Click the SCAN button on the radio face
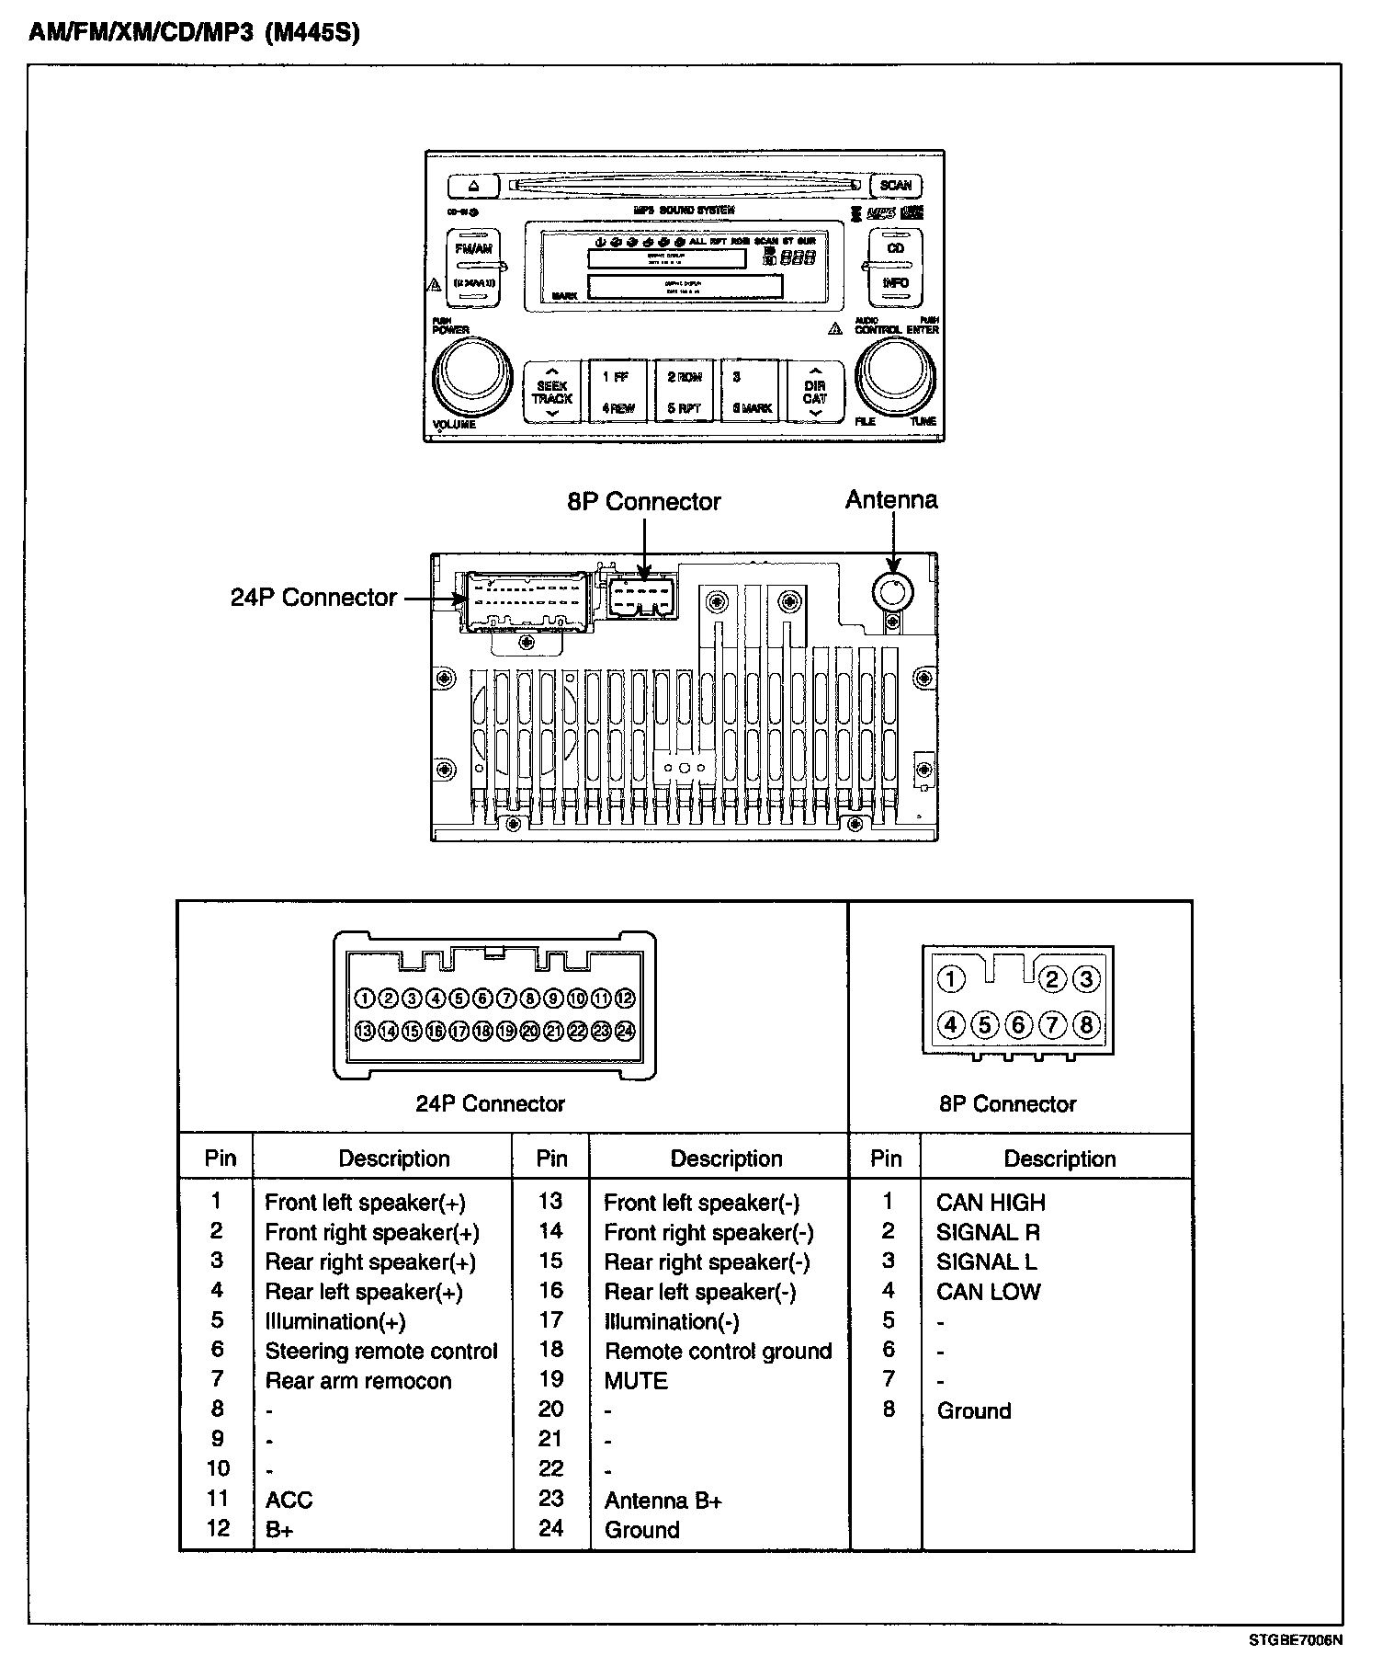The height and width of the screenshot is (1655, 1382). (x=895, y=185)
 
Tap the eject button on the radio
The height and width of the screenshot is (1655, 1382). (x=473, y=186)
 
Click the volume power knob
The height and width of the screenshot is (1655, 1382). (x=471, y=376)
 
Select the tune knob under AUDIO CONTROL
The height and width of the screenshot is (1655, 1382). (x=896, y=376)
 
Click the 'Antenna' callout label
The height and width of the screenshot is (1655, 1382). (x=891, y=500)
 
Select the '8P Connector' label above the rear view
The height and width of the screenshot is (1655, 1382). (x=643, y=502)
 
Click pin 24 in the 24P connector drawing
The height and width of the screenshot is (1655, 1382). (x=625, y=1031)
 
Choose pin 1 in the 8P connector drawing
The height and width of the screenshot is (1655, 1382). (x=951, y=979)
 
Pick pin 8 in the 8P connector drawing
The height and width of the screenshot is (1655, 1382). (x=1086, y=1024)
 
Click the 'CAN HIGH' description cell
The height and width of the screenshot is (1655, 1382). (x=991, y=1203)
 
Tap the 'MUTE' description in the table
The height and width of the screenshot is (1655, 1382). (x=636, y=1381)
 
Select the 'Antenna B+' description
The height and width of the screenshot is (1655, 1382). (x=663, y=1501)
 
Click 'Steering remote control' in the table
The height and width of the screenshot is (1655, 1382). (x=381, y=1352)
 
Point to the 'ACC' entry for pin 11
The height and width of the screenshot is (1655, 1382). (x=289, y=1501)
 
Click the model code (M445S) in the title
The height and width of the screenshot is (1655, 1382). (x=312, y=33)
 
